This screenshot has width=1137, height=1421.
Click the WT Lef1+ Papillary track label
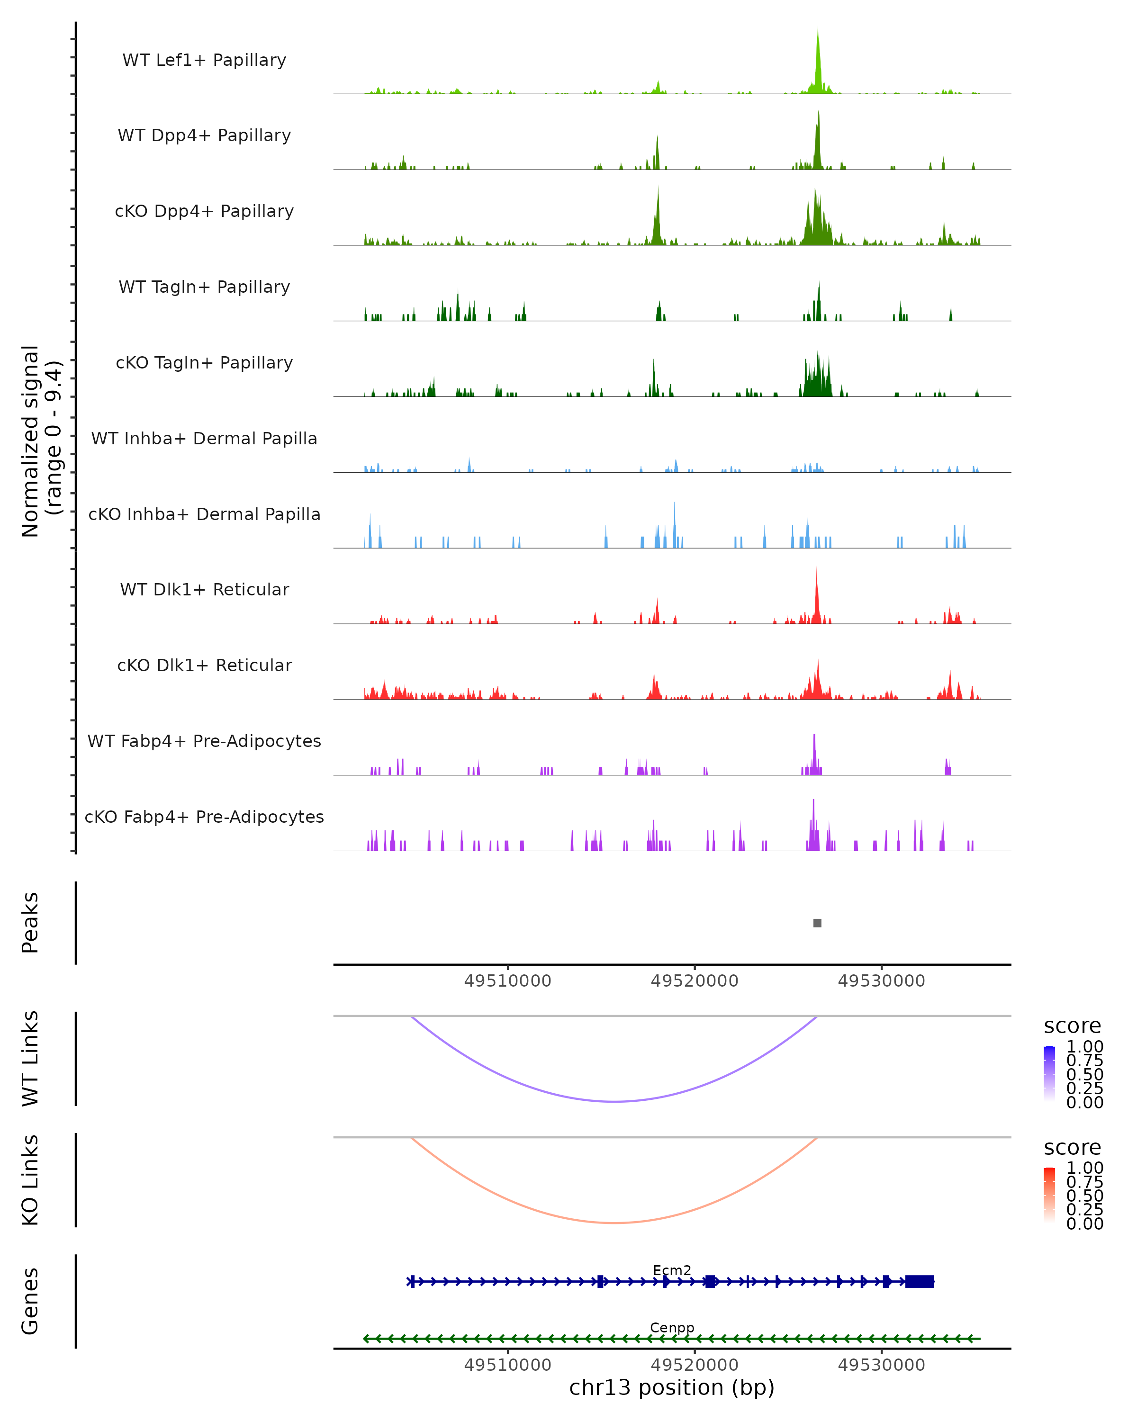click(x=204, y=60)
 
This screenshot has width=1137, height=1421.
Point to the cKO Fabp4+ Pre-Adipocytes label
click(x=204, y=817)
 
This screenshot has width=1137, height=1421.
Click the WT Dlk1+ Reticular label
click(x=204, y=589)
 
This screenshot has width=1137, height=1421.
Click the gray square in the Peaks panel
click(x=817, y=923)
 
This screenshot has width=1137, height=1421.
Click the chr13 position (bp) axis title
click(x=672, y=1387)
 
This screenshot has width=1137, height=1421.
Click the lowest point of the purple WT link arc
click(x=614, y=1101)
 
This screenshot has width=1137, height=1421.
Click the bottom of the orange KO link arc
click(x=614, y=1223)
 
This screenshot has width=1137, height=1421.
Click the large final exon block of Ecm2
click(x=920, y=1281)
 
